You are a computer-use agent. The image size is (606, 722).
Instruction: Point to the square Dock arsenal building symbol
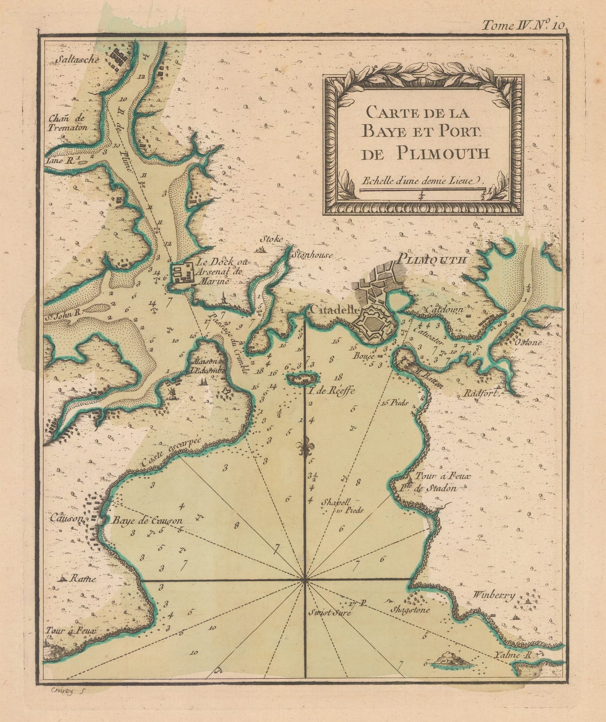tap(182, 273)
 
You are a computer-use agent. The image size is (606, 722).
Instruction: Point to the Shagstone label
tap(410, 610)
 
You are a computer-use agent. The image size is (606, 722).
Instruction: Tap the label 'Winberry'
tap(494, 595)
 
